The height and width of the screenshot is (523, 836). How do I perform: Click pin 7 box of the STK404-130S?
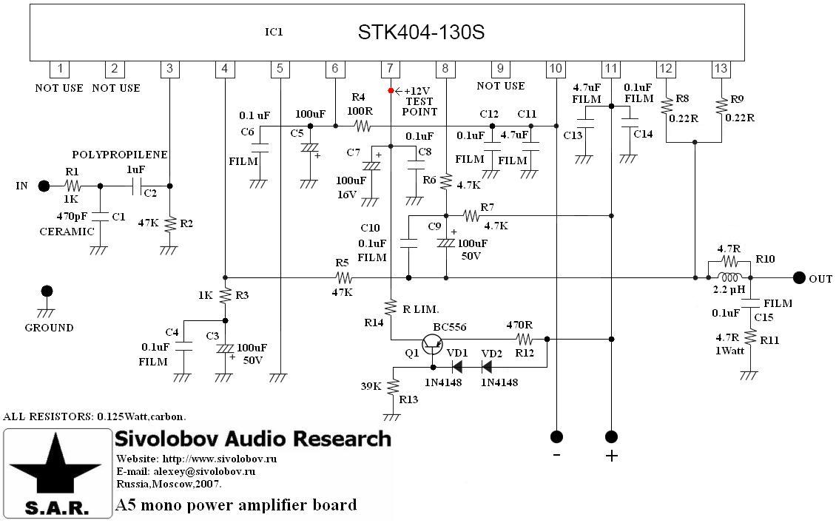coord(390,69)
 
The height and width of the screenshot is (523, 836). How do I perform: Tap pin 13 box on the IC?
coord(721,69)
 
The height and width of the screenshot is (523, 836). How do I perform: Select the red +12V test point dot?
coord(391,90)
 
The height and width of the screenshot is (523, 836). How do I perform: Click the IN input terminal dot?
coord(44,186)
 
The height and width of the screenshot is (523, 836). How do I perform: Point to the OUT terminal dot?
coord(798,278)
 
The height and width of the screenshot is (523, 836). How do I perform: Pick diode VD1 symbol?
coord(457,365)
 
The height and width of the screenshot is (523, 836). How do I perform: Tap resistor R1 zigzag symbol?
coord(72,186)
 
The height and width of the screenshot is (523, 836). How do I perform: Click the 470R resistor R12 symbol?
coord(525,340)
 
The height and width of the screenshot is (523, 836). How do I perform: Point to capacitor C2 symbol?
coord(137,186)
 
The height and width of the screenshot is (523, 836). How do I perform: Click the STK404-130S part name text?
coord(422,33)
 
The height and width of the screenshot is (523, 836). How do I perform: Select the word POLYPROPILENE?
coord(120,155)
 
